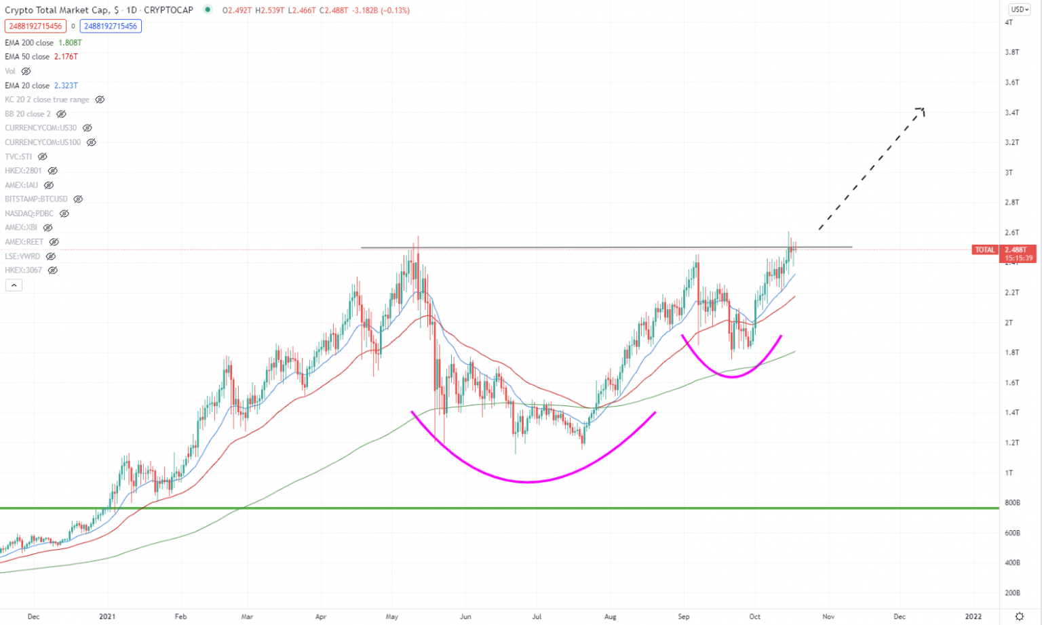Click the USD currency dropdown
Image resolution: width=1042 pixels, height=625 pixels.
[1018, 9]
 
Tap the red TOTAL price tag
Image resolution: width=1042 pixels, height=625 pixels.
[984, 250]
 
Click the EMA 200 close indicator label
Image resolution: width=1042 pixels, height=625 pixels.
[29, 43]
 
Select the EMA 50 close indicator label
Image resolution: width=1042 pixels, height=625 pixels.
[27, 57]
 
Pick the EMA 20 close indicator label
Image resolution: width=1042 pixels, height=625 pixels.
[27, 85]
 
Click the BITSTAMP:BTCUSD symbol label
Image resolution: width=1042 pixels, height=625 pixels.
[36, 199]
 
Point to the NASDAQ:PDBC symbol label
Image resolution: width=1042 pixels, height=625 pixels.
[29, 214]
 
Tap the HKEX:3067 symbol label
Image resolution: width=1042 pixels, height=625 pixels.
[23, 270]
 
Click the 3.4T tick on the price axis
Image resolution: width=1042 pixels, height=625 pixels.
[1011, 113]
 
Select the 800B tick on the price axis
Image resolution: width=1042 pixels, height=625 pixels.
[1012, 503]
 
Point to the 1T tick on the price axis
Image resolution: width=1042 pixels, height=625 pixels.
[1009, 473]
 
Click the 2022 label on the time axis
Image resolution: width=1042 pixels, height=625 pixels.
[973, 617]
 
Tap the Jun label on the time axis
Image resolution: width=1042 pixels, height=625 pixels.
[465, 617]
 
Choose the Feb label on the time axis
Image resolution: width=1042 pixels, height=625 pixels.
[180, 617]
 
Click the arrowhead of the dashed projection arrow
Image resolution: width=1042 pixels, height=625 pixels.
[921, 110]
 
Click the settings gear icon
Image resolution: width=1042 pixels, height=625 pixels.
[1020, 616]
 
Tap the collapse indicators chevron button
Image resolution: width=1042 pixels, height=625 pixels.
[14, 285]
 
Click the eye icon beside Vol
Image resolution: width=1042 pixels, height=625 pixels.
[26, 71]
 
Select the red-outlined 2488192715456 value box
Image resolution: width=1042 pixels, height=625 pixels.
[35, 26]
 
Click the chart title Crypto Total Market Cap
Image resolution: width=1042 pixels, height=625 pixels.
[57, 10]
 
